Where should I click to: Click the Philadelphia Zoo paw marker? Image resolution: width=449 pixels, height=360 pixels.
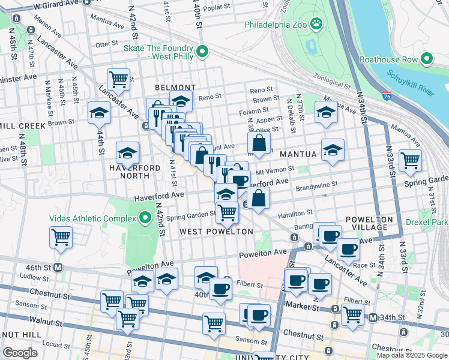click(316, 25)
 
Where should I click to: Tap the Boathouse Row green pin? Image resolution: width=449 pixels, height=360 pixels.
click(427, 59)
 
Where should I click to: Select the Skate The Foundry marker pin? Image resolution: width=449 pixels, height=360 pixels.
click(202, 52)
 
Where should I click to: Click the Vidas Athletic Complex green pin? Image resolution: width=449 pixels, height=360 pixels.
click(145, 217)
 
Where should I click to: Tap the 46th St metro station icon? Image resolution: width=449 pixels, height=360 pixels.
click(58, 267)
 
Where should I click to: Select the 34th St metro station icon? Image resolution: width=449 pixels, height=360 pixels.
click(373, 317)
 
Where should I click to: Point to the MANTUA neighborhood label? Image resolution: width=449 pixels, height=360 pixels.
click(297, 154)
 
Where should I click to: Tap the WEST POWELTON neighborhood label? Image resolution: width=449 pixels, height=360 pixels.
click(215, 231)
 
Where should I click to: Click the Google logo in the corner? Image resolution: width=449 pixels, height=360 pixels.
click(20, 352)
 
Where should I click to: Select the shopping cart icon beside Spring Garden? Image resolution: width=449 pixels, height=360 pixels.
click(410, 160)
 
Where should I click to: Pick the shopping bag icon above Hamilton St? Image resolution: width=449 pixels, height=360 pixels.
click(258, 198)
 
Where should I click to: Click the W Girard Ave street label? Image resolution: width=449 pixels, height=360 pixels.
click(56, 5)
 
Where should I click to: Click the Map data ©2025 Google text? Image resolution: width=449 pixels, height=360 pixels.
click(412, 355)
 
